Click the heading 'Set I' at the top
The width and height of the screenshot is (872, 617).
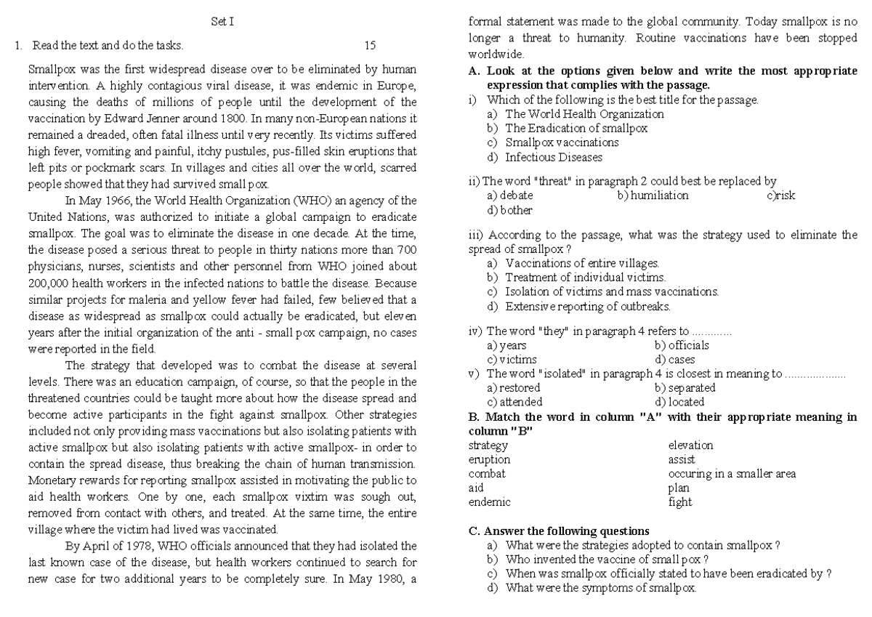coord(222,23)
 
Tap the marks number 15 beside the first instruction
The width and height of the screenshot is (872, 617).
coord(370,46)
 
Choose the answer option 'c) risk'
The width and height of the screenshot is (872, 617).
coord(780,195)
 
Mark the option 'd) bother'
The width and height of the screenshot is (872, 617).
coord(510,210)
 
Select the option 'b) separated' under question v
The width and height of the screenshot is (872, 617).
coord(685,388)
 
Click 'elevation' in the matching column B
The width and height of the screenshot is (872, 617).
coord(690,445)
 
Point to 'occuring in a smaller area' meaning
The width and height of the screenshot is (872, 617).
coord(732,474)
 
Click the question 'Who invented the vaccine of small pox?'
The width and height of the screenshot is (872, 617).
coord(597,559)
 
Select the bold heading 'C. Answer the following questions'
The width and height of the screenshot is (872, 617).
coord(560,531)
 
